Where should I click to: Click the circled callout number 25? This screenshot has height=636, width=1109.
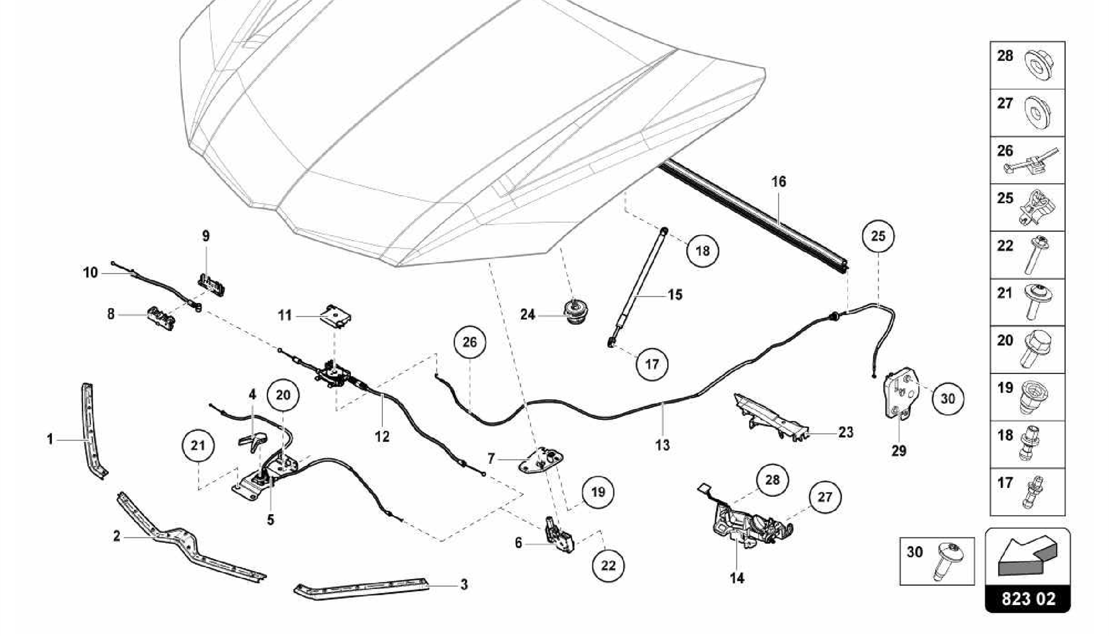[878, 237]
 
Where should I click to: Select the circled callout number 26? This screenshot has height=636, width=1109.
[469, 342]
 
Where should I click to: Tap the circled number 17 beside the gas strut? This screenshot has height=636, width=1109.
[651, 364]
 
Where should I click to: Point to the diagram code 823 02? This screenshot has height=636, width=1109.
[1028, 599]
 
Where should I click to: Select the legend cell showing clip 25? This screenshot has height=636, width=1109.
[1027, 207]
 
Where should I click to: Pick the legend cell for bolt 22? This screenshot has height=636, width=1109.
[1027, 255]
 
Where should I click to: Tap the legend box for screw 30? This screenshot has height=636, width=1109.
[937, 561]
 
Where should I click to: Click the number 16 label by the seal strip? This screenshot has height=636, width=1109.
[779, 182]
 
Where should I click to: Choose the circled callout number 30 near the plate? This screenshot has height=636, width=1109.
[948, 399]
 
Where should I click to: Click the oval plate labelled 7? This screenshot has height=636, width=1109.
[541, 460]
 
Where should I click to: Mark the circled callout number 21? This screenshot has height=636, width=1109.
[198, 446]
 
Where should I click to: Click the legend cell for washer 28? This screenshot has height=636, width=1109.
[1027, 66]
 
